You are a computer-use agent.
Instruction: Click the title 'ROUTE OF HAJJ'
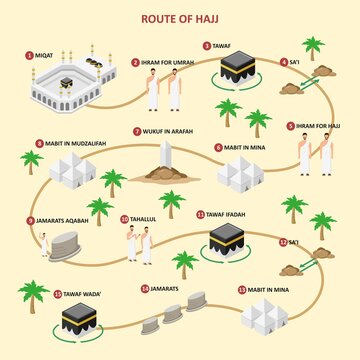[x=180, y=17]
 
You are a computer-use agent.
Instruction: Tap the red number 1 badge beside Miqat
[x=30, y=54]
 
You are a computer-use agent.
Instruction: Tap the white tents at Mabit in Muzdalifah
[x=72, y=172]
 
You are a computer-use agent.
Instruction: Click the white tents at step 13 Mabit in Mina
[x=264, y=313]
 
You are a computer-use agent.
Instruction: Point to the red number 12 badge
[x=281, y=242]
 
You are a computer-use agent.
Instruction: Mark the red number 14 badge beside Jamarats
[x=145, y=289]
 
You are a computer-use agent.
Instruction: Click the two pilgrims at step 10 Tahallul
[x=139, y=244]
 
